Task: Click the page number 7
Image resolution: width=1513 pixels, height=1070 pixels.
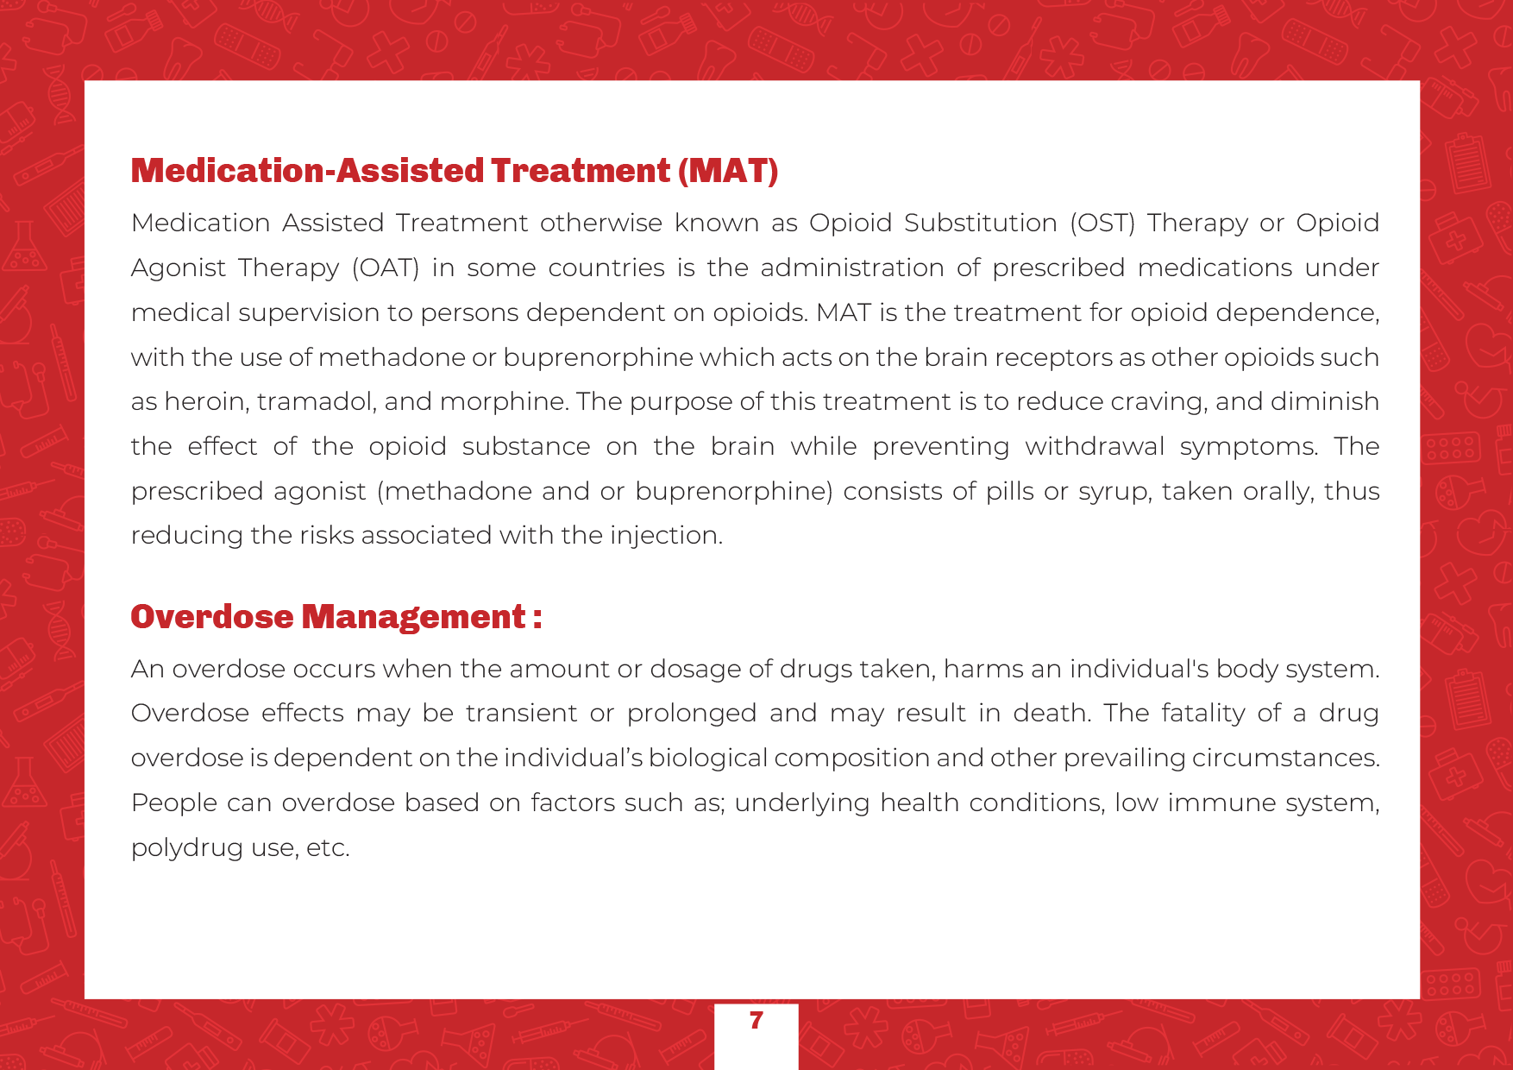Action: click(x=756, y=1021)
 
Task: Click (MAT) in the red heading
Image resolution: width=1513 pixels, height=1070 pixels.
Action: click(x=728, y=171)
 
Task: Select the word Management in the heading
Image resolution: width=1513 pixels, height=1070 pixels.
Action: click(x=414, y=617)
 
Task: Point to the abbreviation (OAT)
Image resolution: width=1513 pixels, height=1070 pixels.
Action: click(x=386, y=267)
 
